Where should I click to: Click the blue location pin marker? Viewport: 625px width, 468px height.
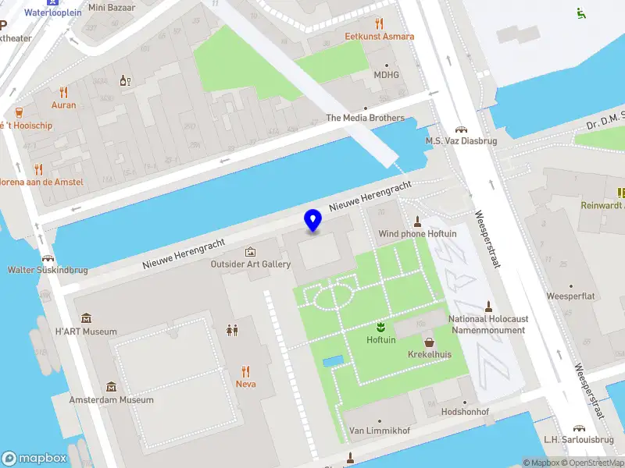(313, 220)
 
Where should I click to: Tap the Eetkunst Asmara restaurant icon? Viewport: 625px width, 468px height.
(380, 23)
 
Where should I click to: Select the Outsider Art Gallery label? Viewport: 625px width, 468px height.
(251, 264)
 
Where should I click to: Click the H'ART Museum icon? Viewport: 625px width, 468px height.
(86, 318)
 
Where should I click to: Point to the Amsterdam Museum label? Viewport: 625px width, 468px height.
(111, 399)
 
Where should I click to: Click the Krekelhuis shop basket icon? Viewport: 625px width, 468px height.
(429, 342)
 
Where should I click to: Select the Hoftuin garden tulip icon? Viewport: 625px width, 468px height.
(381, 326)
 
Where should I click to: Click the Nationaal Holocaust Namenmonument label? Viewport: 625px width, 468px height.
(487, 324)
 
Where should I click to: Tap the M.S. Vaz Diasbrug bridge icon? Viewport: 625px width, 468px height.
(461, 129)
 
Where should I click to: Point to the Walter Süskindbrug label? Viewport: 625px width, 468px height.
(47, 270)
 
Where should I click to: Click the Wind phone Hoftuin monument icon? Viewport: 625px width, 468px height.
(417, 221)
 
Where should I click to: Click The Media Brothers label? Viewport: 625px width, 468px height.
(365, 118)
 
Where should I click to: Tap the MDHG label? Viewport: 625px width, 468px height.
(386, 75)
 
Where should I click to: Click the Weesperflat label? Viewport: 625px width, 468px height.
(571, 296)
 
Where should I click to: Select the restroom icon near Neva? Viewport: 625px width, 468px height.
(232, 330)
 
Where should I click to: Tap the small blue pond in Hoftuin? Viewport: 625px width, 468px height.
(332, 361)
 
